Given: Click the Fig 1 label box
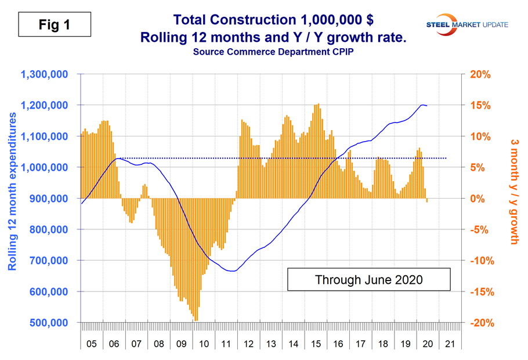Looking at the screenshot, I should [53, 25].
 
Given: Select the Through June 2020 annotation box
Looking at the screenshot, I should [368, 279].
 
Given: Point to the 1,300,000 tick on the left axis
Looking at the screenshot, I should [45, 75].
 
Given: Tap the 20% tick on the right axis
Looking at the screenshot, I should [480, 75].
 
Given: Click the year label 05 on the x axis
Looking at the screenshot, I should [92, 344].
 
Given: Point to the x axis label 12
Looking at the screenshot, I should [248, 344].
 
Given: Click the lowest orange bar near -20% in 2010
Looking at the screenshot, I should [196, 319].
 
